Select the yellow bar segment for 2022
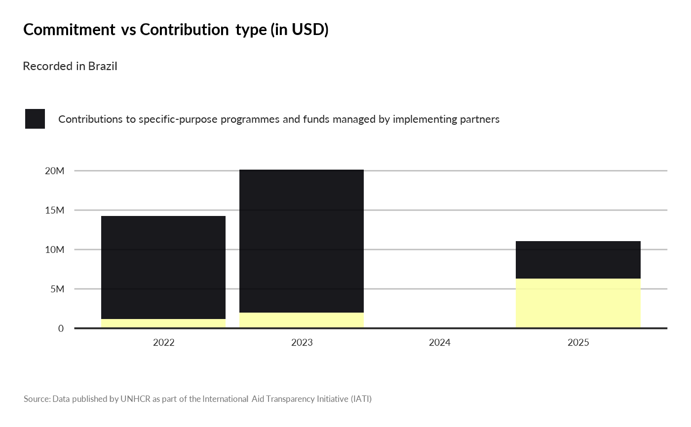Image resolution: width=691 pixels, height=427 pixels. pyautogui.click(x=163, y=323)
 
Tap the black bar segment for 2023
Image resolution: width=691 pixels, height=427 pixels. pyautogui.click(x=302, y=241)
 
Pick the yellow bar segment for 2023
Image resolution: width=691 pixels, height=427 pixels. pyautogui.click(x=302, y=320)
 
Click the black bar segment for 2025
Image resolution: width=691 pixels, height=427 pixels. pyautogui.click(x=578, y=260)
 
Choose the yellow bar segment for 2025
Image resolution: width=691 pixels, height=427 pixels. pyautogui.click(x=578, y=303)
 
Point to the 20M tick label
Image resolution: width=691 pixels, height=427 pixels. pyautogui.click(x=55, y=171)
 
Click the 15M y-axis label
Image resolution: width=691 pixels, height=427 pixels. pyautogui.click(x=55, y=211)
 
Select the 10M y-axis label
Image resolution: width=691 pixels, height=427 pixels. pyautogui.click(x=55, y=250)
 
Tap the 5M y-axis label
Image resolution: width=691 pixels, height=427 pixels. pyautogui.click(x=57, y=289)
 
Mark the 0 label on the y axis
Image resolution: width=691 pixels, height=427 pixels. pyautogui.click(x=61, y=328)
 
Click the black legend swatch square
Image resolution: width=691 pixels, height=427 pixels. pyautogui.click(x=35, y=119)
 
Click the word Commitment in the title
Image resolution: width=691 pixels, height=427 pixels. pyautogui.click(x=69, y=30)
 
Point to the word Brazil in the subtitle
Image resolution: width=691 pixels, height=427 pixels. pyautogui.click(x=103, y=66)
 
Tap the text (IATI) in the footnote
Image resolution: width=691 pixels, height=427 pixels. pyautogui.click(x=361, y=399)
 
